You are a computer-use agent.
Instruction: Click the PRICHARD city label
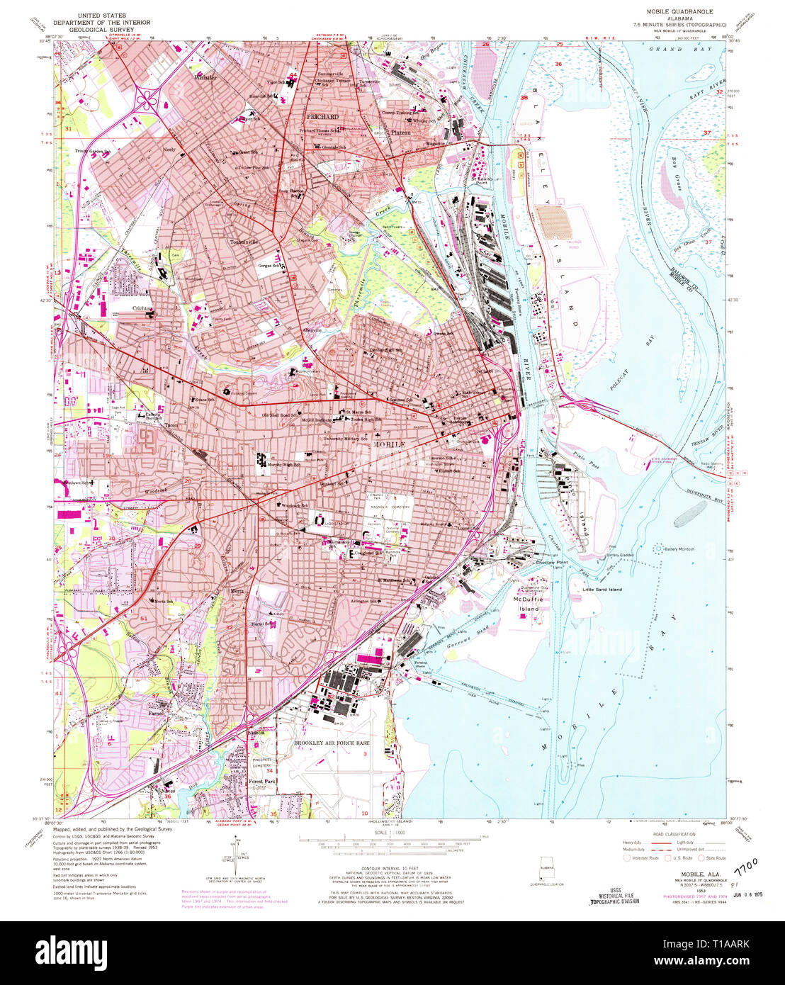tap(322, 116)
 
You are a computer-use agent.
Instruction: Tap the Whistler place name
tap(205, 77)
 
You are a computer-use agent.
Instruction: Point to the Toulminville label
tap(245, 242)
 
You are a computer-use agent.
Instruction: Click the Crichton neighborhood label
tap(145, 309)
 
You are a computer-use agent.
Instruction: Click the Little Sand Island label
tap(602, 590)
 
